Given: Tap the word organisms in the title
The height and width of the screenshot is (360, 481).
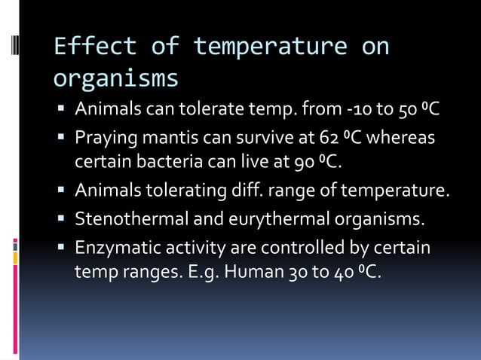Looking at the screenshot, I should pos(116,78).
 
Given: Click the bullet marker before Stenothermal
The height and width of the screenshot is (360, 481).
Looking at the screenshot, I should pos(63,219).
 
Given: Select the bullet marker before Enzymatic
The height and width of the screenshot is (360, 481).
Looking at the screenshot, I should pos(63,248).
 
